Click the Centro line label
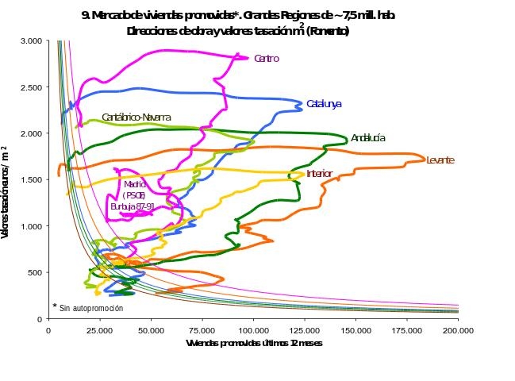coord(266,59)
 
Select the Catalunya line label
coord(324,104)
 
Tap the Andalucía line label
coord(368,138)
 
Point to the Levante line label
coord(440,160)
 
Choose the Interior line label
coord(319,174)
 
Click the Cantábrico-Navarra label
coord(136,117)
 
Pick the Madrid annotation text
coord(135,184)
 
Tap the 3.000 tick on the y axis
coord(32,40)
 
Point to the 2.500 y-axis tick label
coord(32,87)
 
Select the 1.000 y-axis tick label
coord(32,226)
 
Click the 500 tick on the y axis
coord(36,272)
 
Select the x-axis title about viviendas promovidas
coord(254,344)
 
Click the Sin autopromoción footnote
coord(89,307)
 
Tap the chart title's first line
coord(238,15)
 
